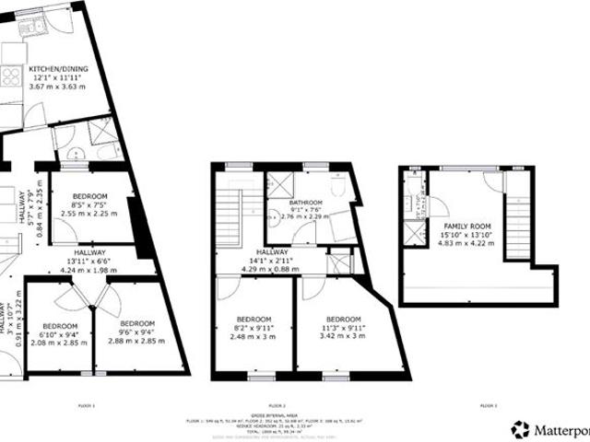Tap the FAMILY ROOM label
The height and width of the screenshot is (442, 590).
pyautogui.click(x=467, y=226)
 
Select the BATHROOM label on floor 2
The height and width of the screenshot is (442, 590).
pyautogui.click(x=305, y=203)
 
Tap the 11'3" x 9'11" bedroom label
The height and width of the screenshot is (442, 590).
pyautogui.click(x=343, y=320)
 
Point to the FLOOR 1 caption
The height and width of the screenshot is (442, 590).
pyautogui.click(x=88, y=404)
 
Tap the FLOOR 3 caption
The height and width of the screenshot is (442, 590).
pyautogui.click(x=489, y=404)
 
